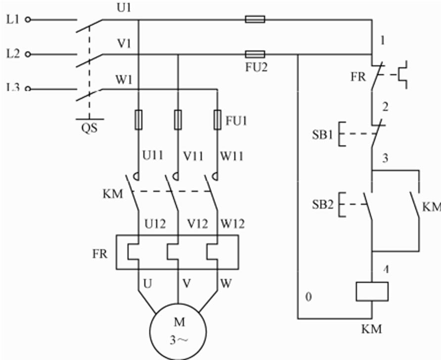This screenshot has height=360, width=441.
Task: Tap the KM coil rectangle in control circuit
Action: point(372,291)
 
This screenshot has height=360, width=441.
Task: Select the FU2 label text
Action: point(257,67)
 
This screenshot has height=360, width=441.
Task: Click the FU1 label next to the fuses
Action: point(236,121)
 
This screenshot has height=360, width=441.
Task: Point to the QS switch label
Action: point(89,128)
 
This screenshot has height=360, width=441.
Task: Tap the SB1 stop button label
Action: point(322,135)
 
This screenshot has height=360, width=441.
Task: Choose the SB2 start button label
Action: point(322,204)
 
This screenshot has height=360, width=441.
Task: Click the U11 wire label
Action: point(153,156)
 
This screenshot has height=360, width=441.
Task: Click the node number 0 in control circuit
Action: point(309,298)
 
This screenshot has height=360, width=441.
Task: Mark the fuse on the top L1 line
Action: point(255,19)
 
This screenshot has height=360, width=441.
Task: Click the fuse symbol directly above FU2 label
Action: point(255,54)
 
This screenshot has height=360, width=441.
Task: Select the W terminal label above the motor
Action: point(225,284)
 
